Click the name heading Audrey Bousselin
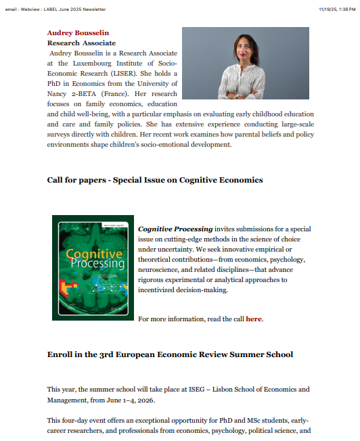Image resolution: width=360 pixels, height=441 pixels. pyautogui.click(x=78, y=32)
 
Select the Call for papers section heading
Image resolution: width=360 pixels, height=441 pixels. pyautogui.click(x=155, y=180)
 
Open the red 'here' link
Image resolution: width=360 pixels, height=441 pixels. pyautogui.click(x=253, y=319)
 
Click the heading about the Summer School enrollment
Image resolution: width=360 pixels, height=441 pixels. pyautogui.click(x=170, y=354)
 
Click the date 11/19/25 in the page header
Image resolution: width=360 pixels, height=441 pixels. pyautogui.click(x=327, y=9)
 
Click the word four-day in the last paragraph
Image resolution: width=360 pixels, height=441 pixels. pyautogui.click(x=76, y=421)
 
